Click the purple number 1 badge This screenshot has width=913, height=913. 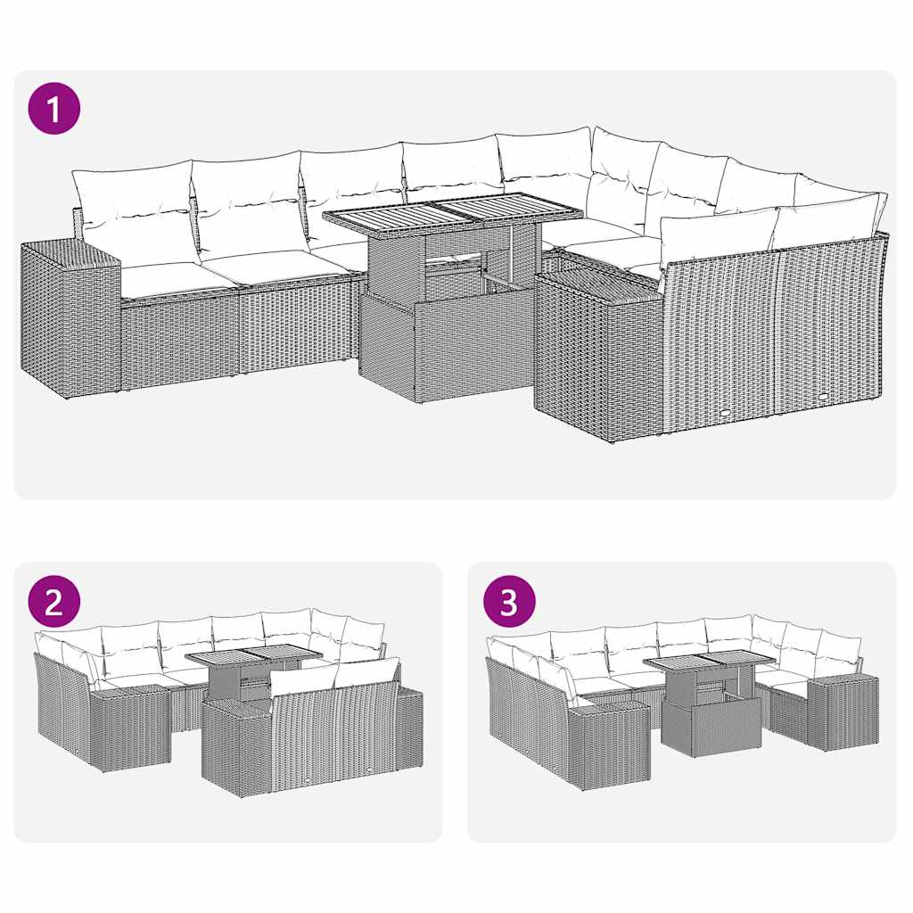[x=53, y=109]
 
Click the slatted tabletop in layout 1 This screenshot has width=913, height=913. [x=453, y=212]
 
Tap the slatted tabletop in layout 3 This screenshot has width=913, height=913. [x=709, y=661]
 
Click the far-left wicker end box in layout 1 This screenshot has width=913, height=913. [x=70, y=317]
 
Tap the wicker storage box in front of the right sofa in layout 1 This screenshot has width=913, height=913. [x=597, y=357]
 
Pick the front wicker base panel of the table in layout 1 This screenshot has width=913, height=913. [x=473, y=352]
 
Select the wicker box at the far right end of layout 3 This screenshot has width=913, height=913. [x=842, y=713]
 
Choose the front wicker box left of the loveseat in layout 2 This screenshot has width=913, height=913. [x=235, y=749]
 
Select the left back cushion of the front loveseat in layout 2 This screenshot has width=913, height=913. [x=303, y=682]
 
